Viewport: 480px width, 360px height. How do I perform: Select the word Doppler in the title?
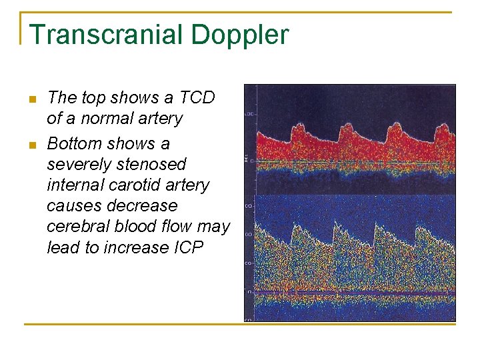point(245,35)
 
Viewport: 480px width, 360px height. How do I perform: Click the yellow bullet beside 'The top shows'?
point(30,99)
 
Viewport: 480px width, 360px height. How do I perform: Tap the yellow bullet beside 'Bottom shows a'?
point(30,145)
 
